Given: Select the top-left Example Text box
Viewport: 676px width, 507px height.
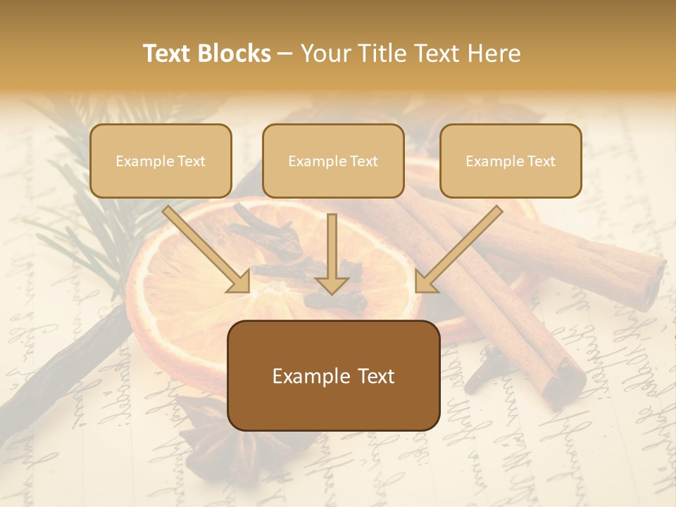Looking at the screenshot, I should click(161, 161).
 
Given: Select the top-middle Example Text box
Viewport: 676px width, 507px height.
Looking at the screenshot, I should click(333, 161).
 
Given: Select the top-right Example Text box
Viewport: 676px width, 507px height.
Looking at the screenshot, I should click(511, 161).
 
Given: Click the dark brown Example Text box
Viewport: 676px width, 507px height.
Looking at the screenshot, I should click(333, 375).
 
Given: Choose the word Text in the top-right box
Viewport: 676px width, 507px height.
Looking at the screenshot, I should click(541, 161).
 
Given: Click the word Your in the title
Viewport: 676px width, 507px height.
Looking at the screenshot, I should click(327, 54).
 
